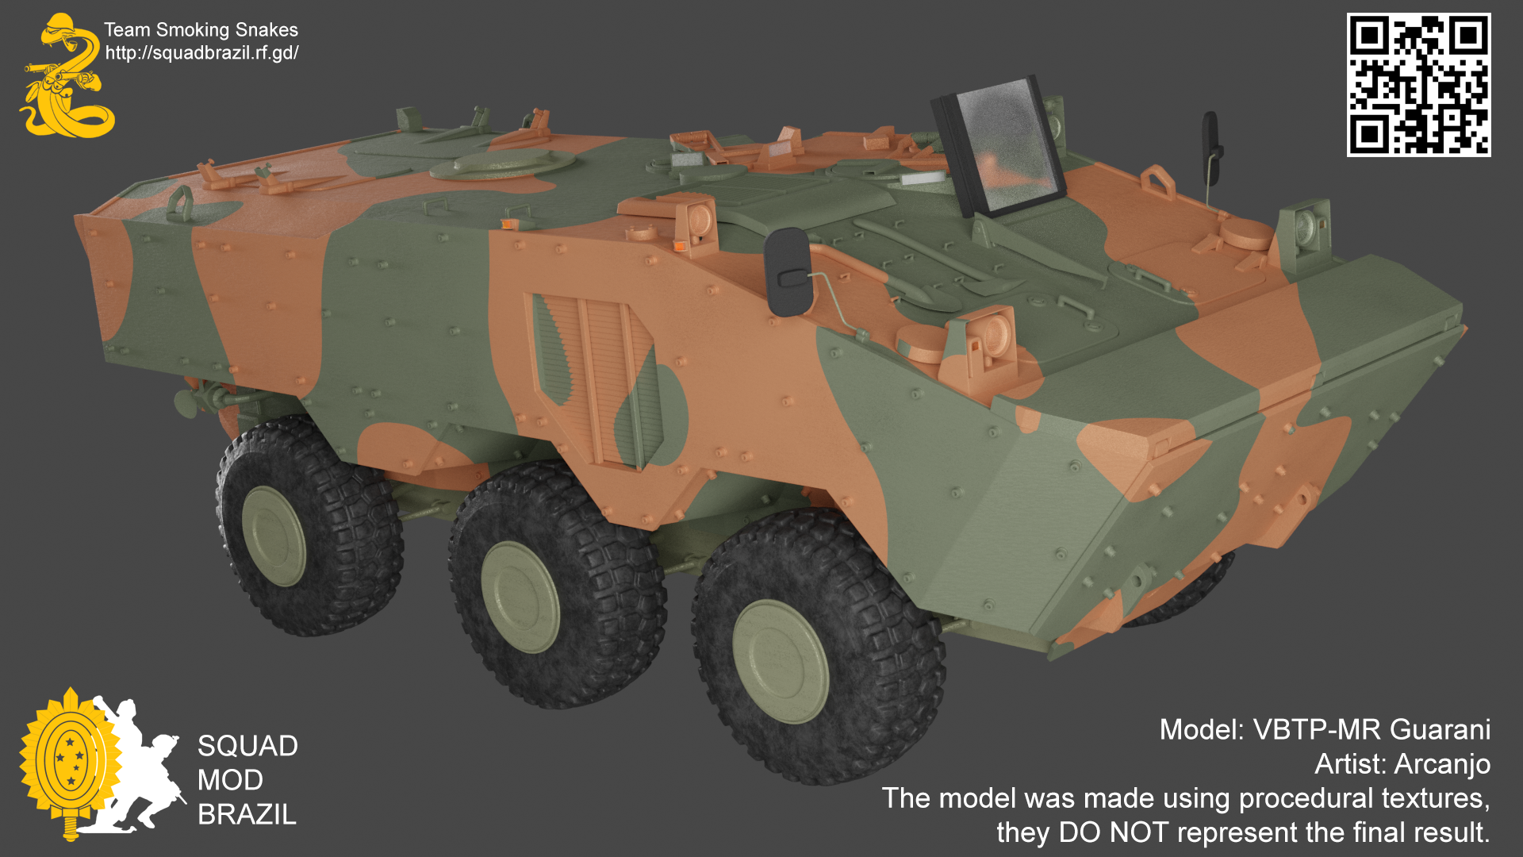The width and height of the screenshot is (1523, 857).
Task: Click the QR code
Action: pos(1418,84)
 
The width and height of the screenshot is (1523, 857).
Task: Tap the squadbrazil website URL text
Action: pos(201,53)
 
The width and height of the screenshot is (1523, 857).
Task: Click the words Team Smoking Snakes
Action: pos(201,30)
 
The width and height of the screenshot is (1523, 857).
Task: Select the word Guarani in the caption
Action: pos(1440,729)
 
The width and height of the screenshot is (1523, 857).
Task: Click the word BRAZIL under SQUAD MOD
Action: pos(247,814)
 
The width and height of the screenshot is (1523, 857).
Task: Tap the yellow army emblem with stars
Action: pos(70,760)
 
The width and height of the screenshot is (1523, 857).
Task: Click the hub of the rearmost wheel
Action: pos(274,536)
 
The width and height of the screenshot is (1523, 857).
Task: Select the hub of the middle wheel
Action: pos(520,597)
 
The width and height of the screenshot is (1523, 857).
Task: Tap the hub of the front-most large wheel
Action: pos(780,661)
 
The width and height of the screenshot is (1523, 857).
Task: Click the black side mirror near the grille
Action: pos(788,272)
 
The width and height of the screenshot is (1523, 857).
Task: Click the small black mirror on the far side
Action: pos(1210,139)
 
